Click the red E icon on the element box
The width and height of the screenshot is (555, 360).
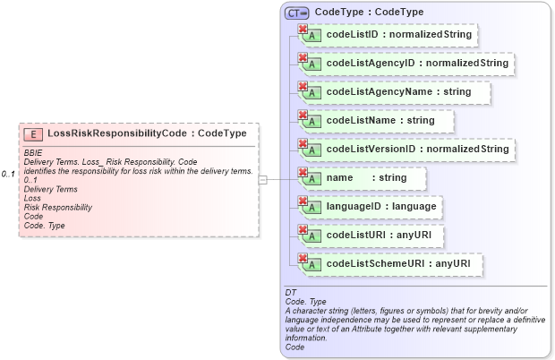pyautogui.click(x=33, y=133)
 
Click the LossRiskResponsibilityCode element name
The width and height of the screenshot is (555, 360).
pyautogui.click(x=116, y=133)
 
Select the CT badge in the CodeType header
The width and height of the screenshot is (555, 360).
pyautogui.click(x=296, y=13)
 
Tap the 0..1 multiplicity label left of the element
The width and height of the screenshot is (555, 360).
pyautogui.click(x=9, y=173)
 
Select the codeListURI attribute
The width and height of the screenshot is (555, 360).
pyautogui.click(x=380, y=236)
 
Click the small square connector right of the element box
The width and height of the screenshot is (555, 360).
pyautogui.click(x=262, y=180)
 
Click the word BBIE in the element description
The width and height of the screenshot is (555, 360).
pyautogui.click(x=33, y=153)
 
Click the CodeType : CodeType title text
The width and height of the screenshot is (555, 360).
pyautogui.click(x=370, y=13)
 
